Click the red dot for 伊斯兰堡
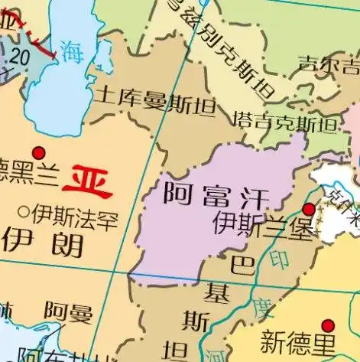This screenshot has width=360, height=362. (308, 210)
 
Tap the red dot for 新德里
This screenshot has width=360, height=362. (328, 324)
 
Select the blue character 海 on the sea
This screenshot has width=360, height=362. (73, 52)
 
